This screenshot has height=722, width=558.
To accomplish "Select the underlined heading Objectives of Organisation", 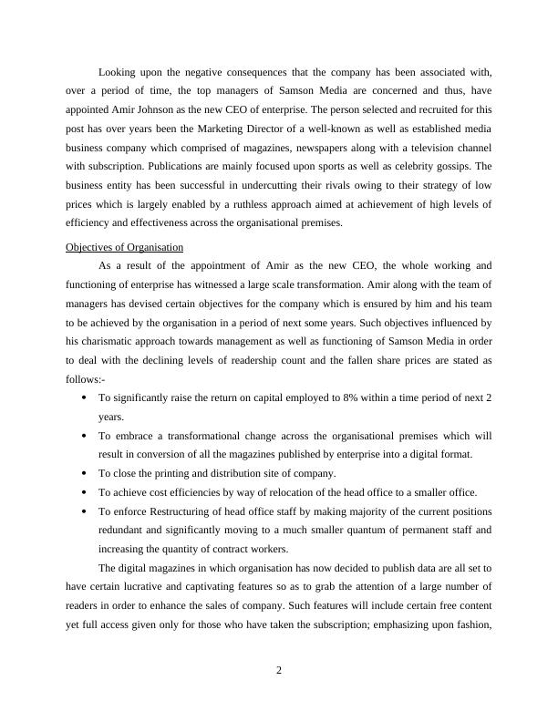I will tap(125, 247).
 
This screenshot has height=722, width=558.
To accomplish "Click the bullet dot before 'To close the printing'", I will tap(85, 474).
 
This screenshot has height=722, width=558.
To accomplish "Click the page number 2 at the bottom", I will tap(279, 672).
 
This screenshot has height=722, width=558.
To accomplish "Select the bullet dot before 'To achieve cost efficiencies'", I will tap(85, 493).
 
